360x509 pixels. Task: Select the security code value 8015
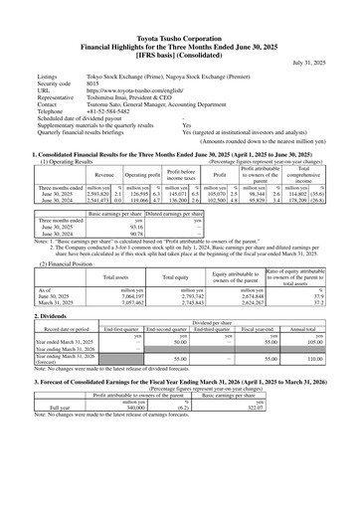96,84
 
